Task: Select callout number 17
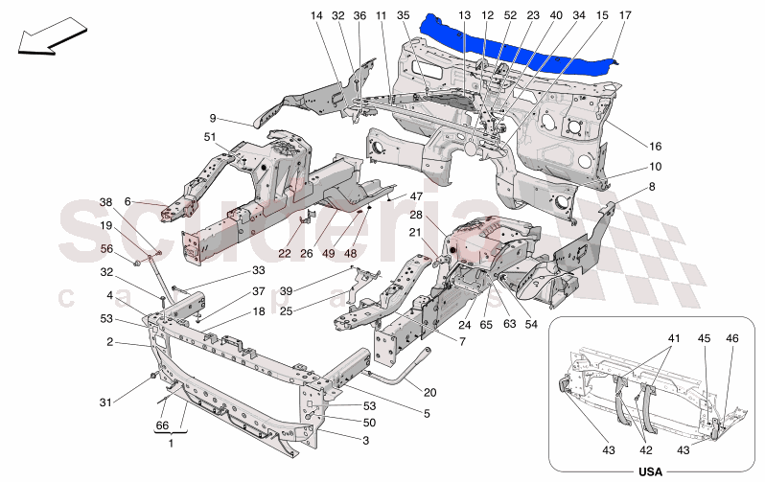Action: (x=625, y=16)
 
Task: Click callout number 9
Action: (x=213, y=118)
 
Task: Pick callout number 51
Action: (x=209, y=138)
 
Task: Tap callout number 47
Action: (x=416, y=195)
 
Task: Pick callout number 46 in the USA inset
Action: (x=733, y=338)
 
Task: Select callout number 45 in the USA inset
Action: (x=704, y=338)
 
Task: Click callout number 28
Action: (x=417, y=215)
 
